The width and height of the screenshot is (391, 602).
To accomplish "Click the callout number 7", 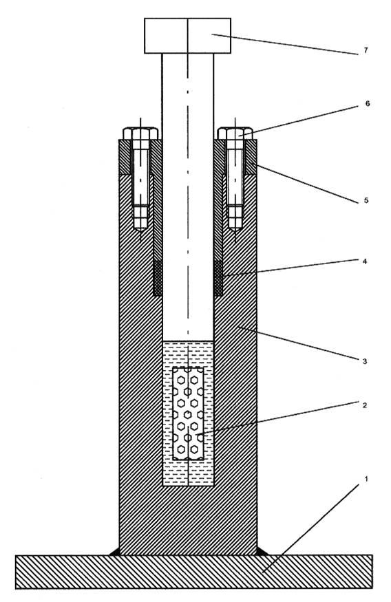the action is tap(366, 50).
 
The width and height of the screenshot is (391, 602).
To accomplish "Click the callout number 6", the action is tap(368, 104).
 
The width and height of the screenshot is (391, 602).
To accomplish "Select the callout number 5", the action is tap(366, 200).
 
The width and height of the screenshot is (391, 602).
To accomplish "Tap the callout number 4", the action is tap(365, 261).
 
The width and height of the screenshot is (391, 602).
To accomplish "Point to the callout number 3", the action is tap(365, 361).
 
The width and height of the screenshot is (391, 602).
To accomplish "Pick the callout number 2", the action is tap(365, 405).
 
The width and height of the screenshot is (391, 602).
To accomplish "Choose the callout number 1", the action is tap(366, 479).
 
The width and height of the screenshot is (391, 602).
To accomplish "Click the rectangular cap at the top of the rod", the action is tap(187, 35).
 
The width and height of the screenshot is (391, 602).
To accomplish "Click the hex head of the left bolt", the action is tap(140, 133).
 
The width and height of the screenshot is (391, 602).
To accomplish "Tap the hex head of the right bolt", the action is tap(235, 133).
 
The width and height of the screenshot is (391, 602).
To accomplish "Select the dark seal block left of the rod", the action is tap(157, 279).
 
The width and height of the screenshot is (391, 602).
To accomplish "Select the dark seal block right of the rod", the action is tap(218, 279).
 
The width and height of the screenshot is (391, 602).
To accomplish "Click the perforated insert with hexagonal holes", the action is tap(188, 413).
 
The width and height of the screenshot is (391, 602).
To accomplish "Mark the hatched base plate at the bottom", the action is tap(194, 572).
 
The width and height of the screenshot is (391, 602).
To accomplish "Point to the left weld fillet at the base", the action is tap(115, 551).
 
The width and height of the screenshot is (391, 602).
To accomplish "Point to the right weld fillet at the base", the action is tap(262, 551).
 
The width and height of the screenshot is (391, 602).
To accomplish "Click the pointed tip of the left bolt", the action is tap(140, 231).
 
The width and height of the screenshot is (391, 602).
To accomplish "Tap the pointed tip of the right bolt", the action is tap(235, 231).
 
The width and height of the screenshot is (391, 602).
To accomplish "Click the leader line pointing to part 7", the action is tap(284, 45).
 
